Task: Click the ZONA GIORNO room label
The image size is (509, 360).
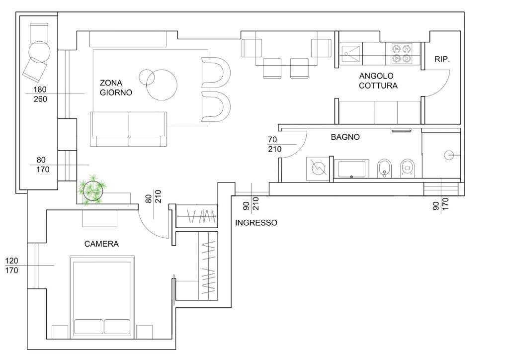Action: pyautogui.click(x=116, y=88)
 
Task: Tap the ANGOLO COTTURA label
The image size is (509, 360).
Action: pyautogui.click(x=378, y=81)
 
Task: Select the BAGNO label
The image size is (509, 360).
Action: pyautogui.click(x=345, y=137)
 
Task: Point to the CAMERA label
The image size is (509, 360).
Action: pyautogui.click(x=101, y=244)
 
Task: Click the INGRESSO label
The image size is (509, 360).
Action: pyautogui.click(x=256, y=223)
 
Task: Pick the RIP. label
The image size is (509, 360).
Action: pyautogui.click(x=442, y=59)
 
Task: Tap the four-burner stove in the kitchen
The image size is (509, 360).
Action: pyautogui.click(x=402, y=54)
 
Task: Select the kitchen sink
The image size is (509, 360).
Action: pyautogui.click(x=350, y=54)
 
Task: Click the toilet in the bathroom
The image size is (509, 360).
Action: pyautogui.click(x=407, y=168)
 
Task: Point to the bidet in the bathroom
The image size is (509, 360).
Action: pyautogui.click(x=384, y=168)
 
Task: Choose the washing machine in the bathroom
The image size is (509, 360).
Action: pyautogui.click(x=318, y=168)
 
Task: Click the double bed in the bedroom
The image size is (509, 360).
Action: pyautogui.click(x=102, y=296)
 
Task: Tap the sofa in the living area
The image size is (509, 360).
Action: pyautogui.click(x=129, y=129)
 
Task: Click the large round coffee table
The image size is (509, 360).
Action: pyautogui.click(x=162, y=85)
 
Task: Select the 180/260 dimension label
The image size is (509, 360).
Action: pyautogui.click(x=40, y=94)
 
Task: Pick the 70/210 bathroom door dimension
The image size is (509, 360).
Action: pyautogui.click(x=274, y=145)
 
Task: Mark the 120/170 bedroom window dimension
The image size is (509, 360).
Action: pyautogui.click(x=12, y=266)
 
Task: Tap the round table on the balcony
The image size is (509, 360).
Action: pyautogui.click(x=40, y=52)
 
